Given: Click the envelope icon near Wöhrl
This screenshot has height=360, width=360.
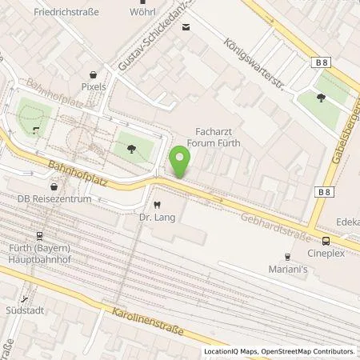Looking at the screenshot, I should (186, 28).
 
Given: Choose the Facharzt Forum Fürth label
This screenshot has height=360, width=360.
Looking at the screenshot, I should (218, 136).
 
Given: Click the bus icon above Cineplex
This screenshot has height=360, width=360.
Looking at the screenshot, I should (326, 241).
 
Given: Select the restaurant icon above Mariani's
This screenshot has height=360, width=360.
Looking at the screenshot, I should (286, 257).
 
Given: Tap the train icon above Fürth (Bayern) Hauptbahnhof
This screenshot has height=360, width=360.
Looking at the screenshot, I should (37, 236).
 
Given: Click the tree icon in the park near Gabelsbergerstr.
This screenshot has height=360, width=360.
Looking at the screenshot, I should (319, 98).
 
